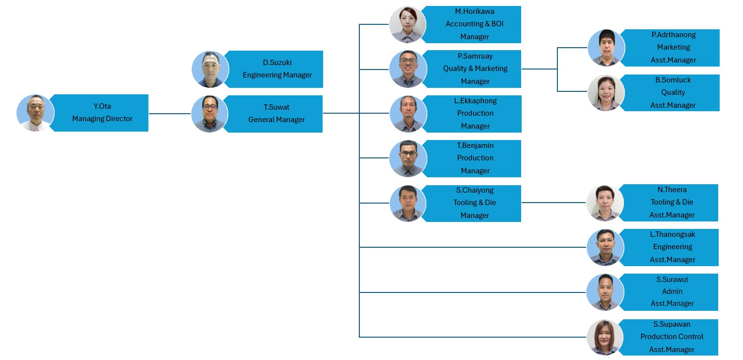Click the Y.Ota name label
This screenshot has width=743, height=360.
(102, 106)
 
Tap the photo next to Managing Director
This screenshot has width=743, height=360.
(35, 113)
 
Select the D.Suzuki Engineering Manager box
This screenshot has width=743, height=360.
(274, 69)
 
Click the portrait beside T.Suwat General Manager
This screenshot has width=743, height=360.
(209, 114)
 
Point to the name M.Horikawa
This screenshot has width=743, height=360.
(474, 11)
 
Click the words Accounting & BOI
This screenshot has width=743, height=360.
(474, 24)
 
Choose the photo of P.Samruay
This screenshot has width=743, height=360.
(408, 69)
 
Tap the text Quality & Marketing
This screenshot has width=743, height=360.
(475, 69)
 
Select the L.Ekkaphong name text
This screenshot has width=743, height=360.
(475, 100)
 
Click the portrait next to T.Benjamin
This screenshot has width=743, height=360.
(408, 158)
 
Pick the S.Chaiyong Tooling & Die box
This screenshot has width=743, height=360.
(472, 203)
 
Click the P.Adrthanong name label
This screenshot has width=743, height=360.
(674, 35)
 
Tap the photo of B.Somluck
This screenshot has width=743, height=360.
(606, 92)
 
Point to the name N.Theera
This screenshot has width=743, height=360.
(672, 190)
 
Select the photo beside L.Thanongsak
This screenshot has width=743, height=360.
(606, 247)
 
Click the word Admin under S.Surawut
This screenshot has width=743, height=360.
(672, 291)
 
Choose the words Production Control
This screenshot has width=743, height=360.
(672, 337)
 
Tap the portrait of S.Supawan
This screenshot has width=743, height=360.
(605, 338)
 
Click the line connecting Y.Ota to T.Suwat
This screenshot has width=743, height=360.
(170, 114)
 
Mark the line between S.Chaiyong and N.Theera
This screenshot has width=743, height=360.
(553, 203)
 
